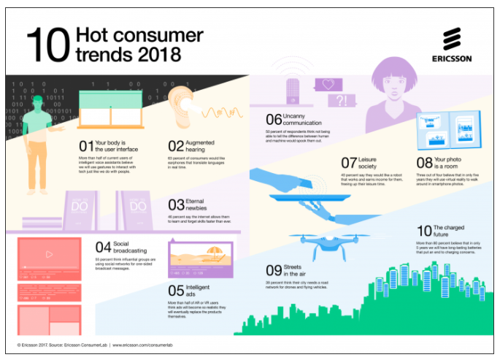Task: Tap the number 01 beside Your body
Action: pyautogui.click(x=84, y=145)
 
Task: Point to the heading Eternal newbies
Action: pyautogui.click(x=202, y=204)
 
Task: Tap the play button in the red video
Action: pyautogui.click(x=48, y=255)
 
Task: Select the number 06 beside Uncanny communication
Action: pyautogui.click(x=272, y=119)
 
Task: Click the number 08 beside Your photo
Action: pyautogui.click(x=425, y=162)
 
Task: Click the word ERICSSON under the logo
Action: pyautogui.click(x=452, y=59)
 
